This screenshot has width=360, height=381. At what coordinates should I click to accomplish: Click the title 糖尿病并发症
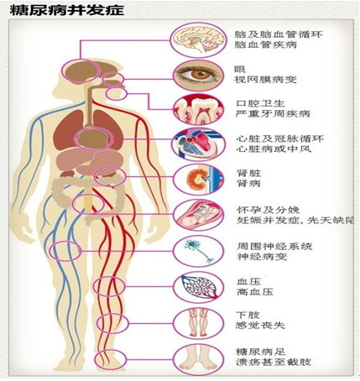tap(67, 10)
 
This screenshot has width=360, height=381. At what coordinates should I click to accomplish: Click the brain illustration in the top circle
tap(198, 40)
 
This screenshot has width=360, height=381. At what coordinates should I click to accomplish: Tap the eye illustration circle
tap(198, 76)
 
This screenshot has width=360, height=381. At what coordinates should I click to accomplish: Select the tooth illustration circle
tap(198, 109)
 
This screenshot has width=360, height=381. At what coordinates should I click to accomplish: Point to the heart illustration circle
tap(198, 144)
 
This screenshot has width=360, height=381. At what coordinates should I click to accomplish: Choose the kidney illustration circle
tap(198, 180)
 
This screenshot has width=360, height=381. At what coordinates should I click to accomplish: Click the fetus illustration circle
tap(198, 215)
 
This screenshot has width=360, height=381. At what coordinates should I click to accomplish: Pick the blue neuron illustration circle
tap(198, 251)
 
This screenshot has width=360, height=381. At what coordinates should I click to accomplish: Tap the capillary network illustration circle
tap(198, 287)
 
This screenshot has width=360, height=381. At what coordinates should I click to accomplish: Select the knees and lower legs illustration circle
tap(198, 323)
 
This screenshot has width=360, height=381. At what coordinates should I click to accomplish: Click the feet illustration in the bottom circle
tap(198, 360)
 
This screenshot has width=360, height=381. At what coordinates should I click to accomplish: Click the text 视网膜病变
tap(265, 80)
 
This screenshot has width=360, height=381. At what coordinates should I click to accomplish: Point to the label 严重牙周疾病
tap(272, 114)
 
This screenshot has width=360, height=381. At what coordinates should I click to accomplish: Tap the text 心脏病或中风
tap(274, 149)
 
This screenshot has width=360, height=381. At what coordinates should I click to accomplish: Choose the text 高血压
tap(255, 292)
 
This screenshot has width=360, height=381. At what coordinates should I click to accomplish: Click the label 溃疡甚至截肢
tap(274, 362)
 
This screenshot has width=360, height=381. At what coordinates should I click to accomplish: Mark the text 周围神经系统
tap(274, 246)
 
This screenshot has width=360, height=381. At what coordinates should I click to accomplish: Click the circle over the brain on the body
tap(81, 71)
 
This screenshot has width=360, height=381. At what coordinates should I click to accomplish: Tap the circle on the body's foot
tap(111, 360)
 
